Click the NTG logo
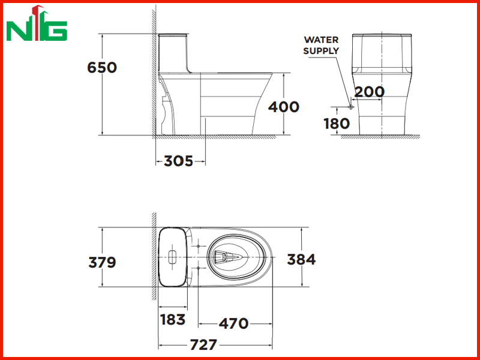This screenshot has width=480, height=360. tap(37, 23)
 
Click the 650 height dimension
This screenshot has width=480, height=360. tap(102, 67)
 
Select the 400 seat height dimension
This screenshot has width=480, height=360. tap(283, 107)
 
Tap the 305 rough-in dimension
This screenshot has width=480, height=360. tap(178, 161)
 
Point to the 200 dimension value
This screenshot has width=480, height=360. tap(369, 92)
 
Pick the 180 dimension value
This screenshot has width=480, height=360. tap(337, 124)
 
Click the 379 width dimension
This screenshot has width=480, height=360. tap(102, 262)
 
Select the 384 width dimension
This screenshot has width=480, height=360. tap(301, 259)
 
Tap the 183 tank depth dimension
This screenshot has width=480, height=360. tap(173, 320)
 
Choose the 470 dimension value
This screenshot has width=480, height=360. tap(233, 323)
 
